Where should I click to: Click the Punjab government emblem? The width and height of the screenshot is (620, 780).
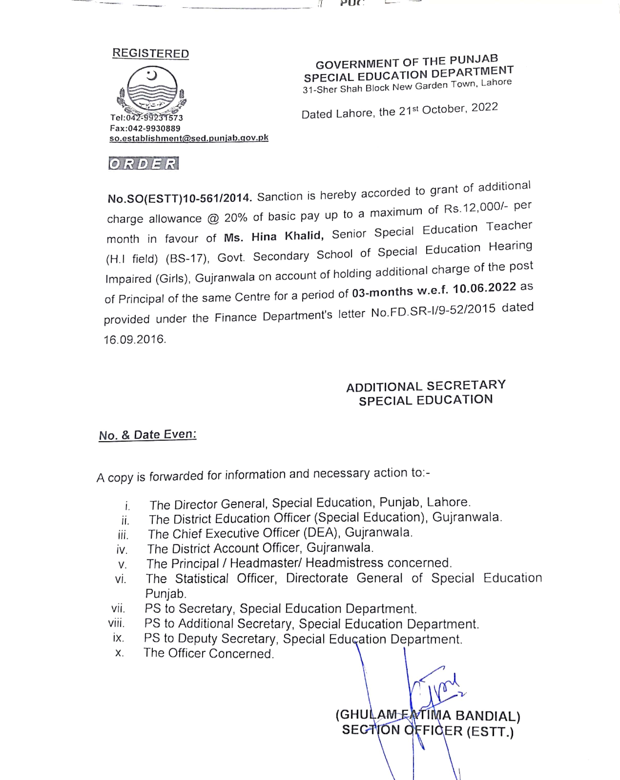(x=152, y=90)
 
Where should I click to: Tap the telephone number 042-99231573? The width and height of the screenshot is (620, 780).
(x=155, y=118)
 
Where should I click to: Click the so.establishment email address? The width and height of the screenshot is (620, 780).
(x=189, y=138)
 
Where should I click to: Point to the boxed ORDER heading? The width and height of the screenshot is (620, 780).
(x=143, y=164)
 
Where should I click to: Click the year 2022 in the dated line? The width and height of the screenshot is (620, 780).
(x=485, y=107)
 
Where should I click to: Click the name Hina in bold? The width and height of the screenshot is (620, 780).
(x=264, y=237)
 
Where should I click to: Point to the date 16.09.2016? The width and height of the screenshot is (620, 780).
(x=135, y=339)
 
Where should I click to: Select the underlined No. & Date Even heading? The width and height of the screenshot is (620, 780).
(x=148, y=435)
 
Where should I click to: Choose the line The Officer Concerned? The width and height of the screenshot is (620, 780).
(x=209, y=653)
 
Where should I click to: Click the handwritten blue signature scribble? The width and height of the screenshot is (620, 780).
(x=435, y=687)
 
